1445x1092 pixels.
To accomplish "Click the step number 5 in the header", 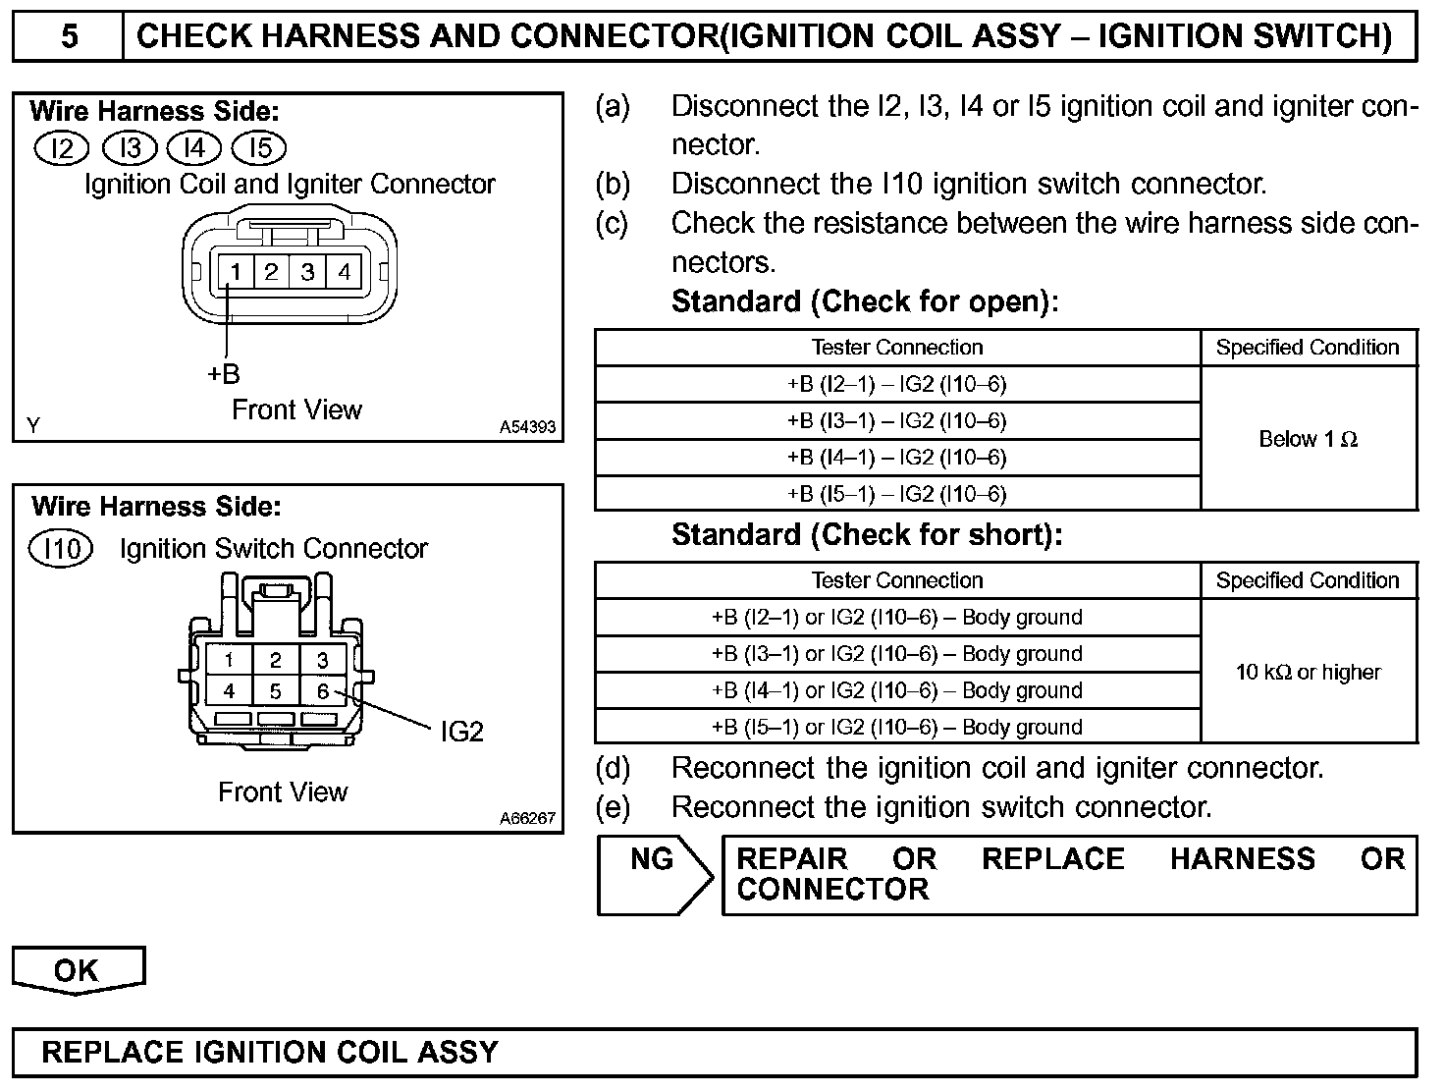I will click(x=69, y=36).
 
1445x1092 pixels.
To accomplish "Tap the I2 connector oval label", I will click(x=61, y=147).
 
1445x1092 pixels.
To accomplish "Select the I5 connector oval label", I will click(x=259, y=147).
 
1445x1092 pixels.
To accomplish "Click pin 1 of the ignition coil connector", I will click(x=236, y=271).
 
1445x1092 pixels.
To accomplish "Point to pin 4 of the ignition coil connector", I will click(x=344, y=271).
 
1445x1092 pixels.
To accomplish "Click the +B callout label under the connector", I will click(x=224, y=374).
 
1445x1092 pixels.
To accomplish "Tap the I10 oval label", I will click(x=61, y=548).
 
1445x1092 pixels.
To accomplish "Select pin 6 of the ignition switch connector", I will click(x=323, y=691).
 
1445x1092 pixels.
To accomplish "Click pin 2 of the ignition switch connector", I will click(x=276, y=660).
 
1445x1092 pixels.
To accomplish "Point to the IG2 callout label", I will click(x=461, y=732).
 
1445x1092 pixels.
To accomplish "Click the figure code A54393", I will click(x=527, y=427).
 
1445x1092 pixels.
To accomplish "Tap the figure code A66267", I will click(x=527, y=818).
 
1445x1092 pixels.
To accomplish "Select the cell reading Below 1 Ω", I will click(x=1309, y=439).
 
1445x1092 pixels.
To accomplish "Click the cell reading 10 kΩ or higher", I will click(x=1309, y=672).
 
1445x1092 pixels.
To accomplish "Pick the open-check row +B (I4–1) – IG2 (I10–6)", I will click(x=897, y=458).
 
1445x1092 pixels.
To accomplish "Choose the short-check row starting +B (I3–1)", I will click(x=897, y=654).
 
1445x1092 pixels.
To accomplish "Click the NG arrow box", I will click(x=654, y=874).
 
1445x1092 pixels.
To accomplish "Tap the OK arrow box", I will click(x=78, y=970).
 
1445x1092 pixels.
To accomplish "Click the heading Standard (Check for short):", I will click(x=867, y=535).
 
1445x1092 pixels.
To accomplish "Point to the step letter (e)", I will click(x=614, y=807).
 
